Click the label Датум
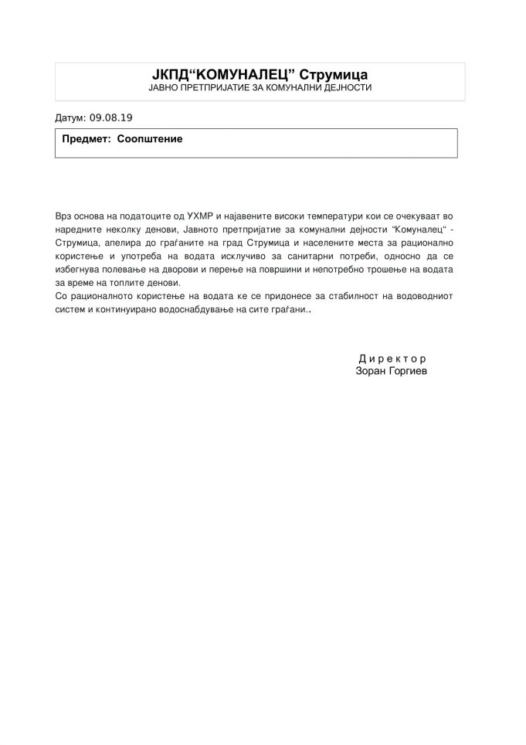pos(70,120)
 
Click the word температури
pos(329,212)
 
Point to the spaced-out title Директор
pos(392,359)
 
